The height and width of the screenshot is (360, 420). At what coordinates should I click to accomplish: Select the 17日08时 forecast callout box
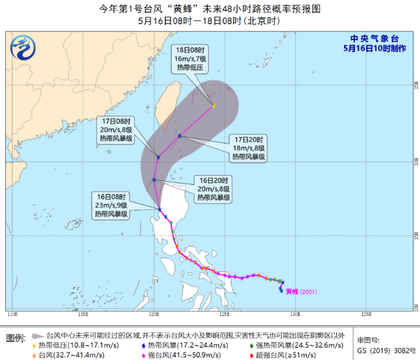tap(117, 130)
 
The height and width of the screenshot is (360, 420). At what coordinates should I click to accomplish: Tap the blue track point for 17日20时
tap(180, 136)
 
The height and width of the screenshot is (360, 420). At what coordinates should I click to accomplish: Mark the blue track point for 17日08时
tap(159, 157)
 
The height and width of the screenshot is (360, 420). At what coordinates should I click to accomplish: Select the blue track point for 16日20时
tap(154, 180)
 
